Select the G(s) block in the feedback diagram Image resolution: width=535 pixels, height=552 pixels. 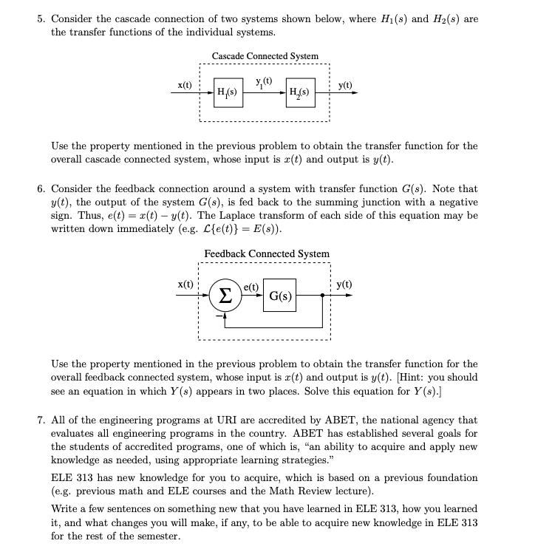279,296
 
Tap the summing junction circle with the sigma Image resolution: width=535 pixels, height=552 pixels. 225,296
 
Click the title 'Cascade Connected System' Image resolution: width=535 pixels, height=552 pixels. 265,56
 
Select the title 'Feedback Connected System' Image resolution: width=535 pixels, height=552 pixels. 267,253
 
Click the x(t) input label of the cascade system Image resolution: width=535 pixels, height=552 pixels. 183,85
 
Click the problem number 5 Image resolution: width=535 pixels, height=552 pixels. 41,18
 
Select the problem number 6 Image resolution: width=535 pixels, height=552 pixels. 41,189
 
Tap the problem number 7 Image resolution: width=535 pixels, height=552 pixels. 41,420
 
